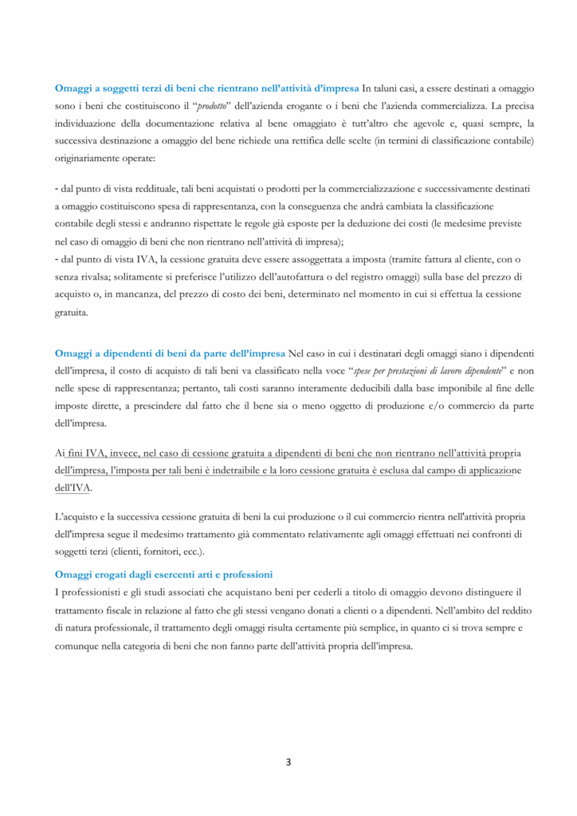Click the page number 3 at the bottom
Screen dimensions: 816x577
288,762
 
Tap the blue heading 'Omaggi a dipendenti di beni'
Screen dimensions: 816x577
170,352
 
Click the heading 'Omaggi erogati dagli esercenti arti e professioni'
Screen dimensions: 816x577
163,574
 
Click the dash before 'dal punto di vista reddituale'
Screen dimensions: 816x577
57,188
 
